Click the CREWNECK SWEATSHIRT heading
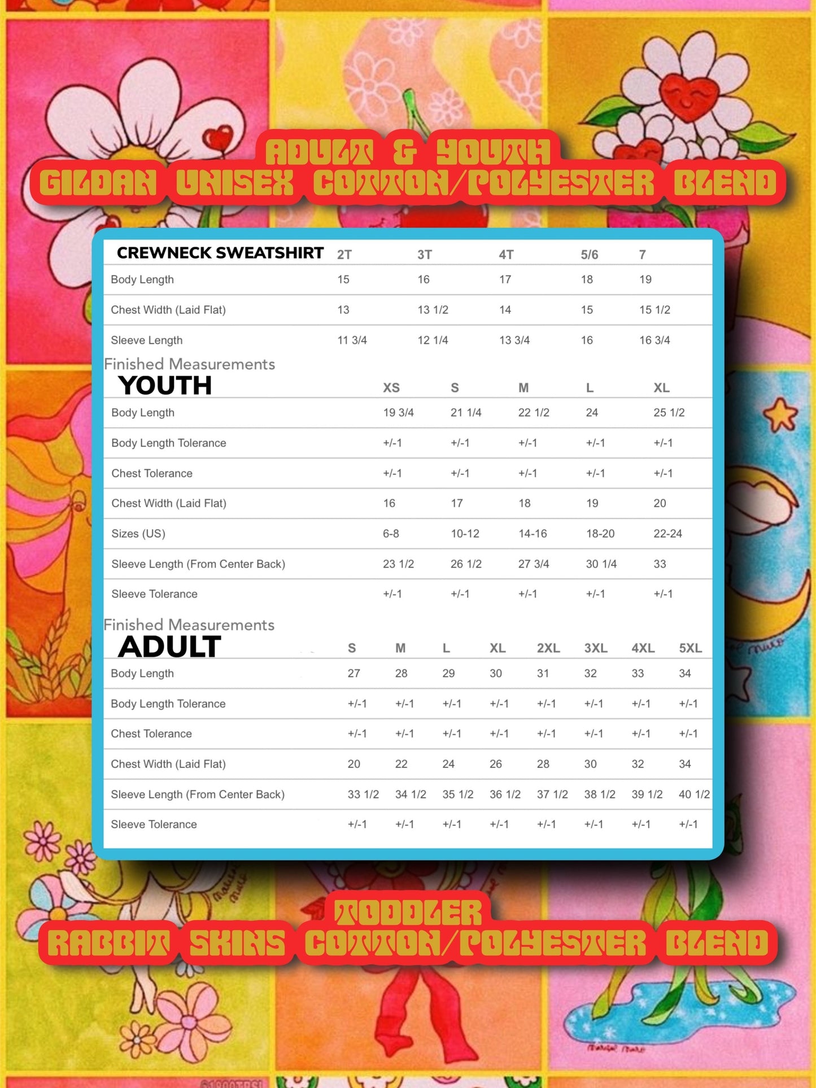(x=220, y=253)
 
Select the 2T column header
(x=344, y=255)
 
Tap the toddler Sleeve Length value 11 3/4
(x=352, y=340)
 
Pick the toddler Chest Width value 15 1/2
(x=654, y=309)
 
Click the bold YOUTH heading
(x=165, y=386)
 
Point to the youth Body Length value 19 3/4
(x=398, y=412)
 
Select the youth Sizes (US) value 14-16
(x=533, y=534)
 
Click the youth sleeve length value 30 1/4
(x=601, y=563)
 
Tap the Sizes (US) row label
(x=138, y=534)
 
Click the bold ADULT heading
(x=169, y=646)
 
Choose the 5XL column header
(x=690, y=648)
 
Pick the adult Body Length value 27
(x=354, y=673)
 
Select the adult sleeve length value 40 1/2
(x=694, y=794)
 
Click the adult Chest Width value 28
(x=543, y=764)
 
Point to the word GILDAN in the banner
(x=98, y=183)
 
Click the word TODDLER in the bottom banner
(x=408, y=913)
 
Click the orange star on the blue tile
(x=781, y=415)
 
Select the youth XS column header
(x=391, y=388)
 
